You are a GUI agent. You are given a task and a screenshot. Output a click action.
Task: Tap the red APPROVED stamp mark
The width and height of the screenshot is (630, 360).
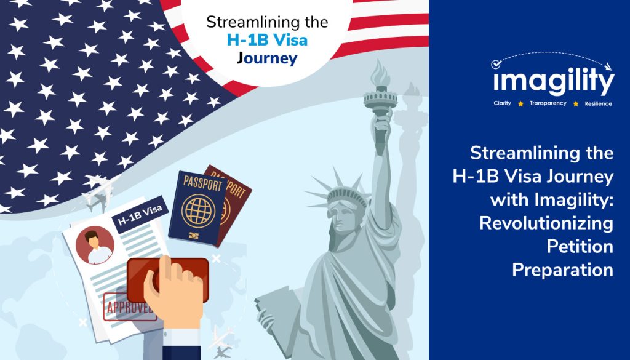129,307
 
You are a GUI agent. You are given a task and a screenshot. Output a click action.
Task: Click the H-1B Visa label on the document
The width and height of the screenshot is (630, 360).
140,215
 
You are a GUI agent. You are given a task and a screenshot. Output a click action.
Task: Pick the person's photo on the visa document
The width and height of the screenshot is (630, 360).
95,245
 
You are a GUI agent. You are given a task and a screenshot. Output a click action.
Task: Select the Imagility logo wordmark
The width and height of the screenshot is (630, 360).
554,81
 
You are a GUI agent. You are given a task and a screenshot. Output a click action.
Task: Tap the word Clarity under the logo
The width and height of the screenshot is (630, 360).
502,103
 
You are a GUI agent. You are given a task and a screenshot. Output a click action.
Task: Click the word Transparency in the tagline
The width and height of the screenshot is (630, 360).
548,103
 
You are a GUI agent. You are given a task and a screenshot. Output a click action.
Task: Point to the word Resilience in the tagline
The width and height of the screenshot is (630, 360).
598,103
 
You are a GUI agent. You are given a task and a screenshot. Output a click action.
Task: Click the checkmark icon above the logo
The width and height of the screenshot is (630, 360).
496,64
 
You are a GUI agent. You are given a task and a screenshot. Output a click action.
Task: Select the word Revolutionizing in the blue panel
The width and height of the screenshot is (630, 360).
546,223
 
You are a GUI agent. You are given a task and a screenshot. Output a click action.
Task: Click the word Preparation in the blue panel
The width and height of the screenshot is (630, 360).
562,270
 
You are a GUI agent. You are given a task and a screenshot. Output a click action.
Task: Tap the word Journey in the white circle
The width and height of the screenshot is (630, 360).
267,58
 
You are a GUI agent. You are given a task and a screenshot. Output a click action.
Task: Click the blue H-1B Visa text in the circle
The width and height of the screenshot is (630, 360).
267,40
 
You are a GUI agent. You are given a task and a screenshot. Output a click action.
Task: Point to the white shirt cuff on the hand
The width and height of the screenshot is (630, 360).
181,337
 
